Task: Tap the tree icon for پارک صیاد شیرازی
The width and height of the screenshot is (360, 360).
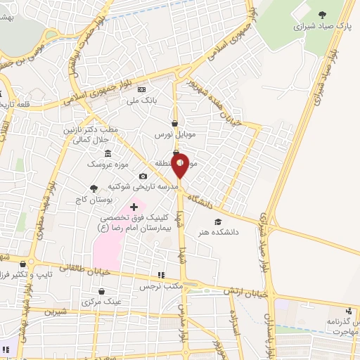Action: coord(322,15)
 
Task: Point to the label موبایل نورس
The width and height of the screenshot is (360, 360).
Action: coord(174,134)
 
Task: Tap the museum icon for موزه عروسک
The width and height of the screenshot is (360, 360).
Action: coord(107,153)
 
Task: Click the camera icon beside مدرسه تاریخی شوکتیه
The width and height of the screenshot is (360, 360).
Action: coord(143,176)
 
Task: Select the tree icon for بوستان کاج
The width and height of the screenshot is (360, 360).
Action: coord(94,188)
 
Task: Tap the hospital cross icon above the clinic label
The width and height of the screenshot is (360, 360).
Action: coord(134,206)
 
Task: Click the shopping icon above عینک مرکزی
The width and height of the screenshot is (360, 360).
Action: coord(102,291)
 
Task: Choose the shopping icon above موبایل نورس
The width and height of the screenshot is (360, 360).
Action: coord(174,123)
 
